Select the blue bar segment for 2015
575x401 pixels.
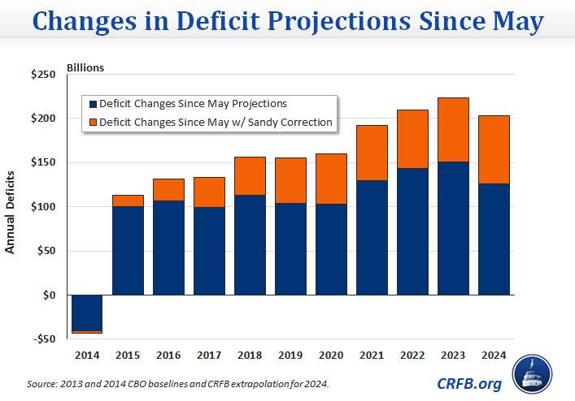(x=128, y=250)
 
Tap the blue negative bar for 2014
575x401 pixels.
(x=87, y=312)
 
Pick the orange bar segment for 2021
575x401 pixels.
(x=372, y=153)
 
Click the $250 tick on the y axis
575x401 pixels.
(x=42, y=75)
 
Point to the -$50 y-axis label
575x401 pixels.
(x=42, y=338)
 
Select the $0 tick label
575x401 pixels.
(x=48, y=295)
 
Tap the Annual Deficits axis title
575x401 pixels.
(x=11, y=213)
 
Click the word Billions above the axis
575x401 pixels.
(x=85, y=67)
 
